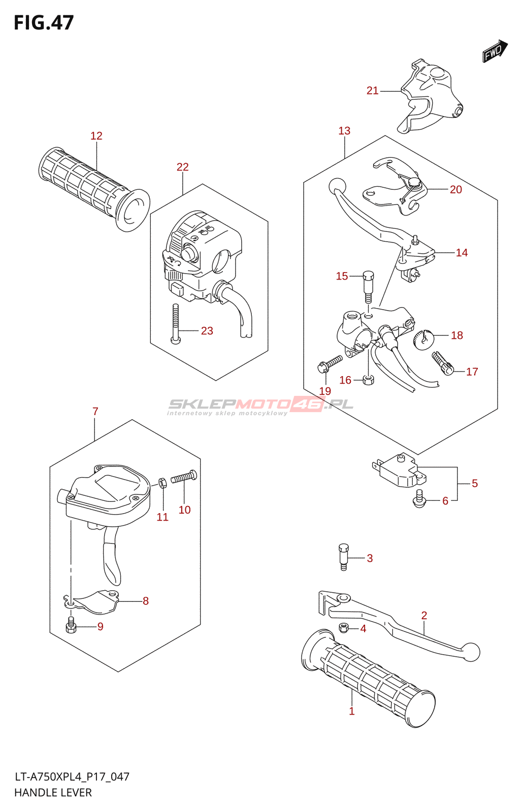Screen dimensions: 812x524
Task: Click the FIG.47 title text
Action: coord(44,23)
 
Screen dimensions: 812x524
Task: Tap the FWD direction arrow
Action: coord(495,51)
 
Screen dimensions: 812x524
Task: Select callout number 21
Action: coord(372,91)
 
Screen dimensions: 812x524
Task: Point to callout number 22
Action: coord(182,167)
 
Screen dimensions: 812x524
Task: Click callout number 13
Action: coord(344,131)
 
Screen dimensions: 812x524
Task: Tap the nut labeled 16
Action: coord(369,379)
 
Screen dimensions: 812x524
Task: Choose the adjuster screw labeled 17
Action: coord(442,363)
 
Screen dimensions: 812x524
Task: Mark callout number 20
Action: coord(456,190)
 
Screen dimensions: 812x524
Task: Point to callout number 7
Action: coord(95,412)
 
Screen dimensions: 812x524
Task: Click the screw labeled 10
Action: coord(184,477)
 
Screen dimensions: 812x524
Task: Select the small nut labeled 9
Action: coord(71,626)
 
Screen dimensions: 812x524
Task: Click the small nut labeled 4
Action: coord(344,628)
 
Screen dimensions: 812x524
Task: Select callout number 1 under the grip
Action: coord(351,712)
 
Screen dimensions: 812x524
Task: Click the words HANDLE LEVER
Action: coord(53,793)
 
